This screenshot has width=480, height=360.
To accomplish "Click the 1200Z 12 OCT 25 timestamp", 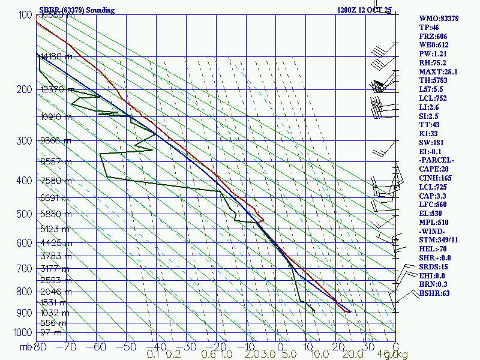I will [364, 10].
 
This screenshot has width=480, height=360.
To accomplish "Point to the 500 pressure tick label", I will [25, 214].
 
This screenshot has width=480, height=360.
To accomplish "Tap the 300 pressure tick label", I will [25, 140].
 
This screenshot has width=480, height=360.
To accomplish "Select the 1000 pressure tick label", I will [23, 332].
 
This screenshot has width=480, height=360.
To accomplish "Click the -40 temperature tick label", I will [156, 346].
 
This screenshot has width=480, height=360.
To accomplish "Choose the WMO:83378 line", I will [439, 19].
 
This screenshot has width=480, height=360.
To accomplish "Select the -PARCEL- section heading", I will [437, 160].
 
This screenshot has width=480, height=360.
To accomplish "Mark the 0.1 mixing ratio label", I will [153, 355].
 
